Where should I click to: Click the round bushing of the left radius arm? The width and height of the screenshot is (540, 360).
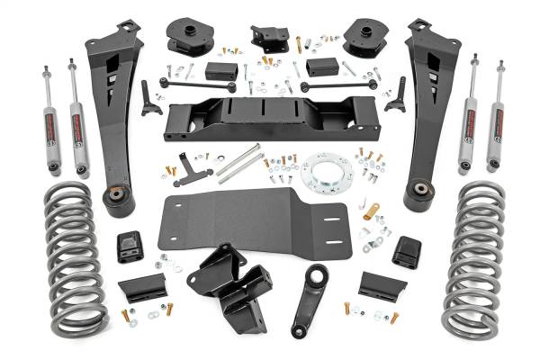click(x=118, y=197)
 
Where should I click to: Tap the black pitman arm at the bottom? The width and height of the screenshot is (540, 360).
click(x=311, y=297)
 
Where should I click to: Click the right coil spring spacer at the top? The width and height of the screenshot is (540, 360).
click(x=363, y=37)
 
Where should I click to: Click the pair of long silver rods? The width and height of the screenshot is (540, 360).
click(x=239, y=164)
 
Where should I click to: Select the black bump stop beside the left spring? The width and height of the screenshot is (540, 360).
click(x=129, y=247)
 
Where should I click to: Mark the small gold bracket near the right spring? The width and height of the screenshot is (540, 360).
click(x=372, y=212)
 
